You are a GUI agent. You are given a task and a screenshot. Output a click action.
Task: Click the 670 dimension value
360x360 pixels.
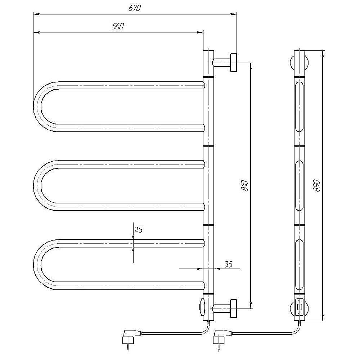[x=134, y=8]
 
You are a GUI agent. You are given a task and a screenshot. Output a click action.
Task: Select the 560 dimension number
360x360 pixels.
[x=118, y=26]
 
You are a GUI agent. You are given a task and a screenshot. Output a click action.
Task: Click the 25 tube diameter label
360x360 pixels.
[x=139, y=229]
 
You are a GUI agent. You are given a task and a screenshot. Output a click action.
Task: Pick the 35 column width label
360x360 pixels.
[x=228, y=264]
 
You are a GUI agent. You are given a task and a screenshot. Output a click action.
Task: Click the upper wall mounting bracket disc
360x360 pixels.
[x=234, y=62]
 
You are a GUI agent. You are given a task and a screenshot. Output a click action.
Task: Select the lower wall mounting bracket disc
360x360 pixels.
[x=234, y=309]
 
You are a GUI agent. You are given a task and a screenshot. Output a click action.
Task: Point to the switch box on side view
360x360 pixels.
[x=300, y=307]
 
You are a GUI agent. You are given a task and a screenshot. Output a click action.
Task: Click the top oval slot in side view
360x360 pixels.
[x=300, y=107]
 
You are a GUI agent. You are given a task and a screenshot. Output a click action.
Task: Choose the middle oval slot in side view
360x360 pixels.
[x=300, y=185]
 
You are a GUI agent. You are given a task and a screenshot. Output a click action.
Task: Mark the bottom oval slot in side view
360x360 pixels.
[x=300, y=265]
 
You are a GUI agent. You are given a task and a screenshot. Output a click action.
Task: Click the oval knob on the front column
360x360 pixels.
[x=202, y=307]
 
